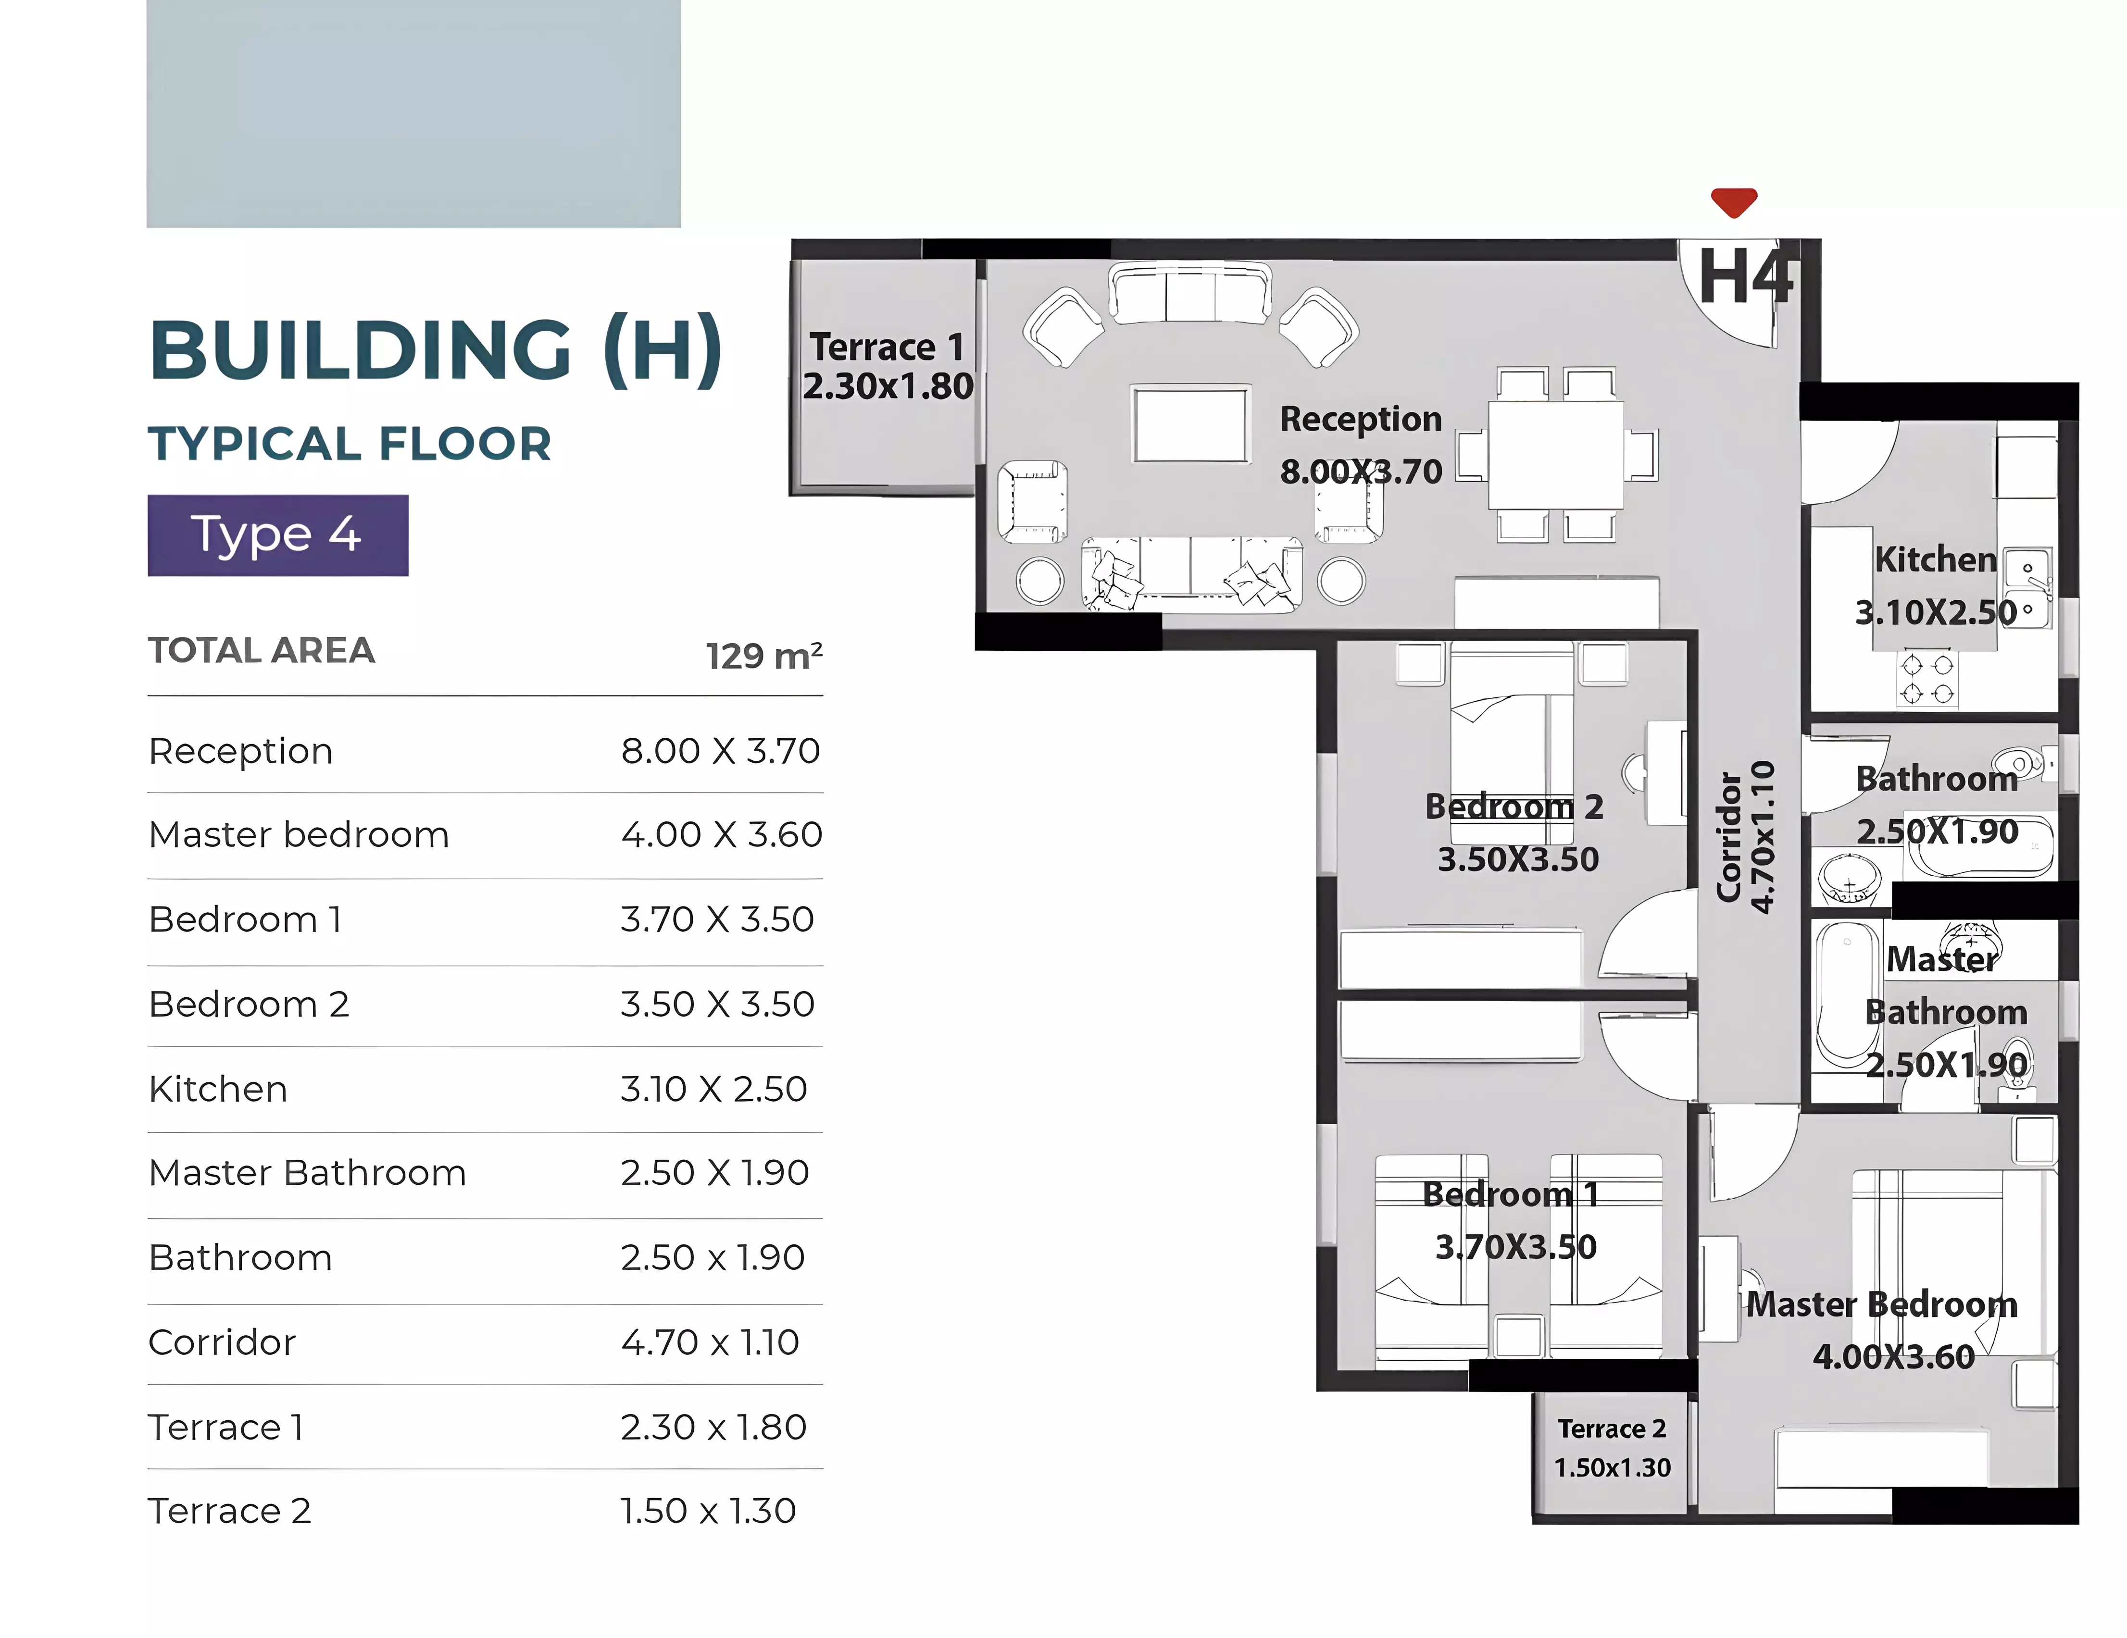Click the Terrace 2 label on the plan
point(1612,1428)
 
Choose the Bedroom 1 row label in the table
point(245,919)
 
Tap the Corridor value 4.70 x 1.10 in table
point(710,1342)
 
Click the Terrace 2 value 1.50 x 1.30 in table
point(708,1511)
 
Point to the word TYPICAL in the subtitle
point(255,444)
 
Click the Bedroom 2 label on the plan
point(1514,807)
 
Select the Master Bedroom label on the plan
point(1882,1304)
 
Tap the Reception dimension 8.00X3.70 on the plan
point(1361,472)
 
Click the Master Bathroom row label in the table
point(308,1172)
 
